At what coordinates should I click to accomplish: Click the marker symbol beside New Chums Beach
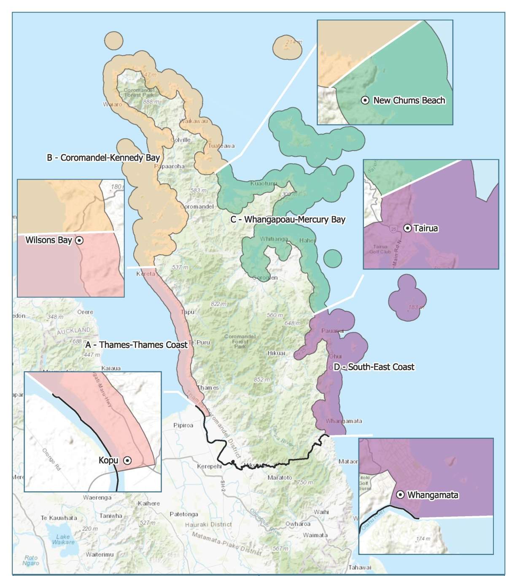[365, 100]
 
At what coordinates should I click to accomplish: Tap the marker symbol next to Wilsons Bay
[79, 240]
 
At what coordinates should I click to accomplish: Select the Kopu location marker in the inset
[127, 460]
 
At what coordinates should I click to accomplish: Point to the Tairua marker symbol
[407, 228]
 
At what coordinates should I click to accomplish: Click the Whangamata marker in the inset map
[400, 495]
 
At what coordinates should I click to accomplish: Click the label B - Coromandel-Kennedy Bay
[103, 158]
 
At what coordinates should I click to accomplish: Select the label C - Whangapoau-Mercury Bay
[288, 219]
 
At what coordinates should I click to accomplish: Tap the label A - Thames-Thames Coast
[136, 345]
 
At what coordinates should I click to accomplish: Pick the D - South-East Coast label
[374, 367]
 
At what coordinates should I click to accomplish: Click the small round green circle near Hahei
[333, 258]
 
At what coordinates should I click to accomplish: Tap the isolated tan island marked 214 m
[287, 47]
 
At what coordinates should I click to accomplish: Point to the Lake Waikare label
[63, 539]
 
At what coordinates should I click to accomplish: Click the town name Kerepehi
[210, 466]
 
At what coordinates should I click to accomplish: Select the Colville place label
[180, 140]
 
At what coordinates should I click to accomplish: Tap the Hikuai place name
[276, 353]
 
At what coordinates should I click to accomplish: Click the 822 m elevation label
[218, 304]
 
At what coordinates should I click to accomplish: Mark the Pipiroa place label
[183, 425]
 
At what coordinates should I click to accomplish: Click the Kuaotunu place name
[264, 183]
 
